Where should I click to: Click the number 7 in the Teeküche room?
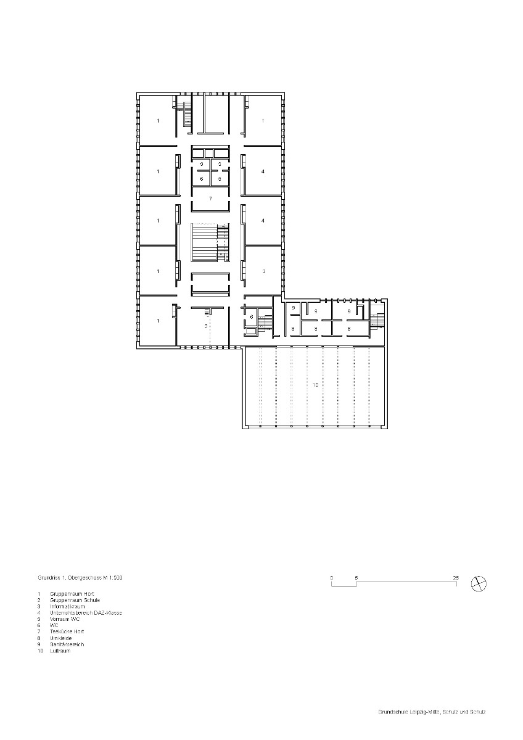coord(210,199)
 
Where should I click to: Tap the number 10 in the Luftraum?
coord(315,385)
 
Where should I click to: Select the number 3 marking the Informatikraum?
coord(263,271)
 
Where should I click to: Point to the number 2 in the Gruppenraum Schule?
coord(207,326)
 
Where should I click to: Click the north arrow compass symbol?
coord(478,583)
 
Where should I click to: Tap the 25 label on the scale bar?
coord(456,578)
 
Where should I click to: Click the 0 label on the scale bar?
coord(332,578)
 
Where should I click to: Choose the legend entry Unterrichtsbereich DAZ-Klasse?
coord(86,612)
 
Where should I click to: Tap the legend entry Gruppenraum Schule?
coord(75,599)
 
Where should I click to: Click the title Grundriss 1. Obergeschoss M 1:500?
coord(83,578)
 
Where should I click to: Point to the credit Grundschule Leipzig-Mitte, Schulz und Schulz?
coord(432,712)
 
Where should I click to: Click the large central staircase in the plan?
coord(210,244)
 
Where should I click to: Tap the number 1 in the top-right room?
coord(263,121)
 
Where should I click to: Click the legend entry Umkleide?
coord(60,638)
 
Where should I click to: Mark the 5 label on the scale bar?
coord(356,578)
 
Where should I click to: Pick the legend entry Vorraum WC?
coord(65,619)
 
